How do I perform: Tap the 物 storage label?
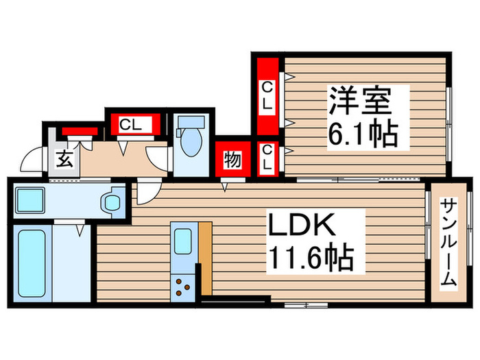tap(231, 160)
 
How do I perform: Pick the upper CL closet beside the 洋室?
tap(267, 97)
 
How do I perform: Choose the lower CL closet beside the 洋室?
tap(267, 158)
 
